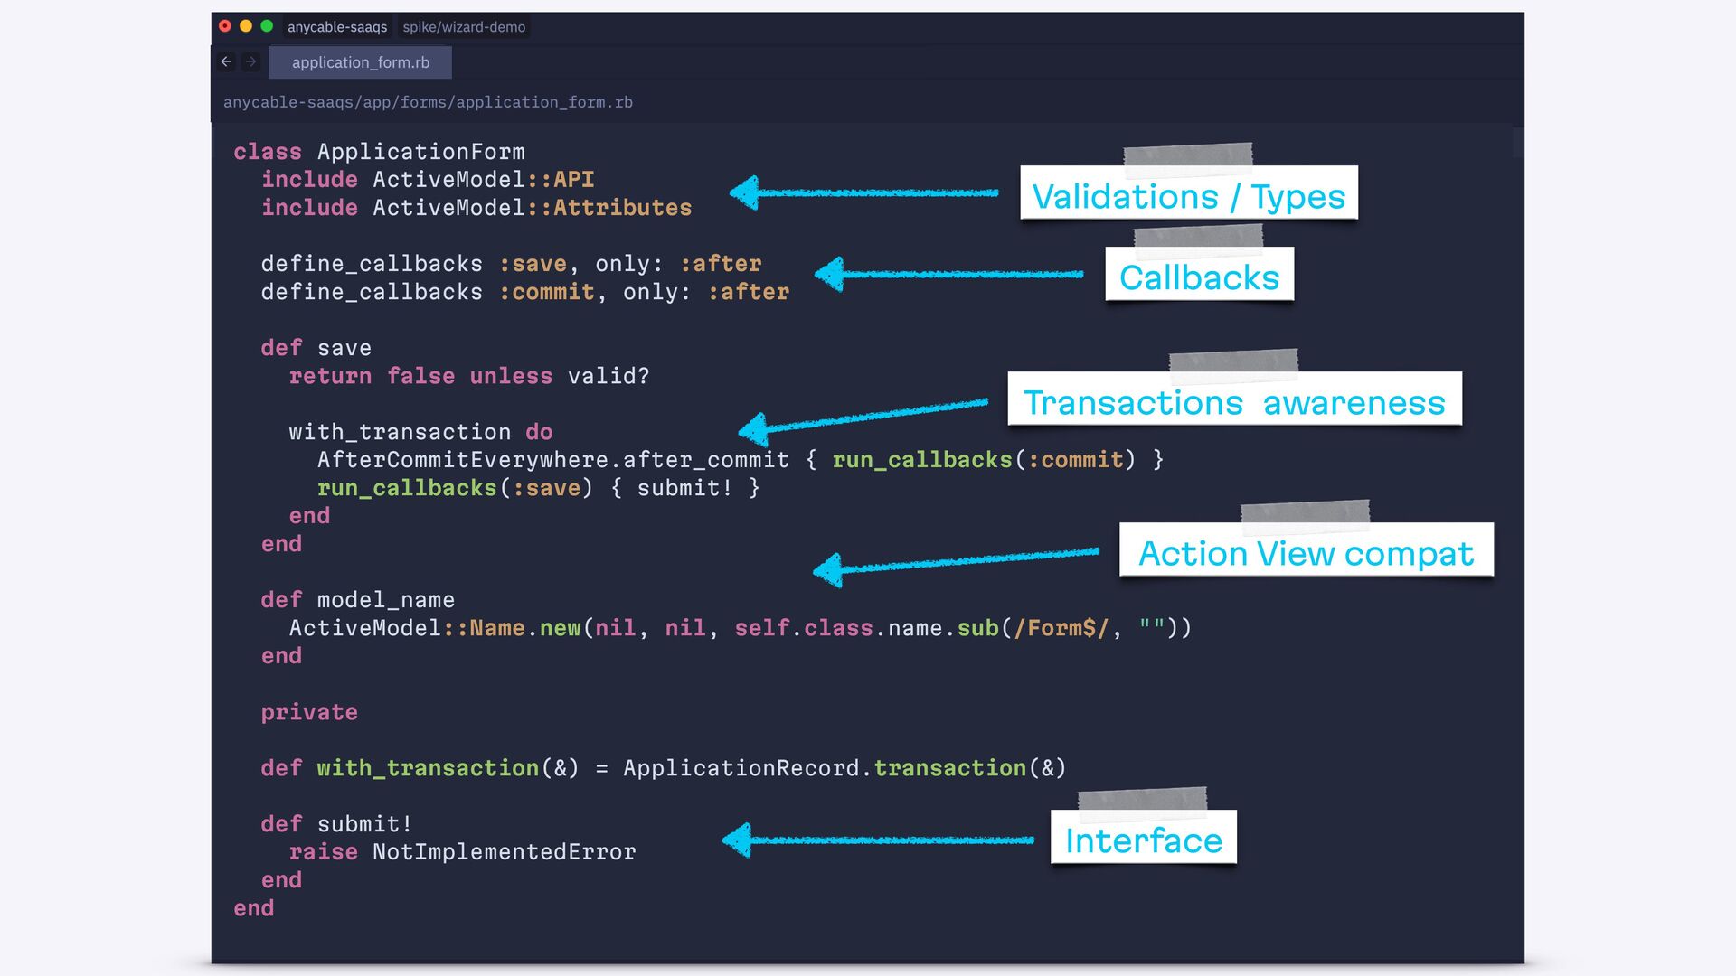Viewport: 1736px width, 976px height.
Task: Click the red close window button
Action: tap(225, 26)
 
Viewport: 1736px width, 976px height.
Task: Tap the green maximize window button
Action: tap(267, 26)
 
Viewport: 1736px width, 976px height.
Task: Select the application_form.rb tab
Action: tap(360, 62)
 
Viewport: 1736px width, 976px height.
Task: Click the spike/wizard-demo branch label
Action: tap(464, 27)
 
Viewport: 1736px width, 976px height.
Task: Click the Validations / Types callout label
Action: tap(1188, 195)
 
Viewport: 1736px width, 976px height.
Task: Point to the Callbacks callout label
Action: tap(1199, 277)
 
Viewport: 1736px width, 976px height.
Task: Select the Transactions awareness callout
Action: tap(1234, 401)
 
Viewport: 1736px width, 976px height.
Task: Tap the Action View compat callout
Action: tap(1306, 552)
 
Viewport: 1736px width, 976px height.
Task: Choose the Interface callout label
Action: tap(1143, 840)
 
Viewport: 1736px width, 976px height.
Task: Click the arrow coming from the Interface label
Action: tap(877, 840)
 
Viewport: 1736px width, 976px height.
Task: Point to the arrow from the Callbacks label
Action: tap(949, 274)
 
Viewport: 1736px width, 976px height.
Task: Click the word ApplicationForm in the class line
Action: tap(420, 152)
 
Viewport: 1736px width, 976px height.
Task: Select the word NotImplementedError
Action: tap(504, 852)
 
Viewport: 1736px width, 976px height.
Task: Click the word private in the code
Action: tap(309, 712)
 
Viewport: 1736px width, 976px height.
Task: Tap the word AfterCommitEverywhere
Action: tap(462, 460)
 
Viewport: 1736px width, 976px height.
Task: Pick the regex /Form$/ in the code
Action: tap(1061, 628)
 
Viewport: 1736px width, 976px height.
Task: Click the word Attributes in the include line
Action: tap(622, 208)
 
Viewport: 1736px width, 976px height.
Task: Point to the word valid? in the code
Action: tap(608, 376)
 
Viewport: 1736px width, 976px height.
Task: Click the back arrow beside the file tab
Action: tap(226, 62)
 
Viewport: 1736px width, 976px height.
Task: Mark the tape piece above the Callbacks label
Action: tap(1198, 237)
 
